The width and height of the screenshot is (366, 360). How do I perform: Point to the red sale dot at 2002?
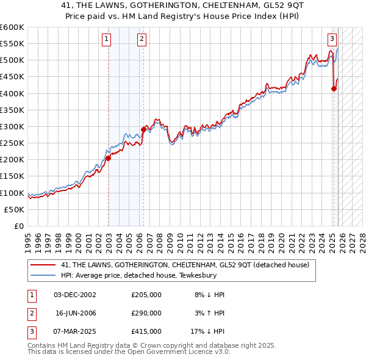tap(108, 158)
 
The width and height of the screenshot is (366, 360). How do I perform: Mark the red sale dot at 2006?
tap(144, 129)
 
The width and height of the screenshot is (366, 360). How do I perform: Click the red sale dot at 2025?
tap(334, 88)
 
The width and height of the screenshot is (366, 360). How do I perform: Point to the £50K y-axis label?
tap(15, 209)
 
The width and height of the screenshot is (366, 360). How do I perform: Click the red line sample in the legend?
tap(43, 265)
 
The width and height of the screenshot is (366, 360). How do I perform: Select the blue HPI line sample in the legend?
tap(43, 275)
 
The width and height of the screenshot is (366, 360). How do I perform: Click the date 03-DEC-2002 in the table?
tap(75, 295)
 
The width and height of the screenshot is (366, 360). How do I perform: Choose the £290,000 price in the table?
tap(146, 312)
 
